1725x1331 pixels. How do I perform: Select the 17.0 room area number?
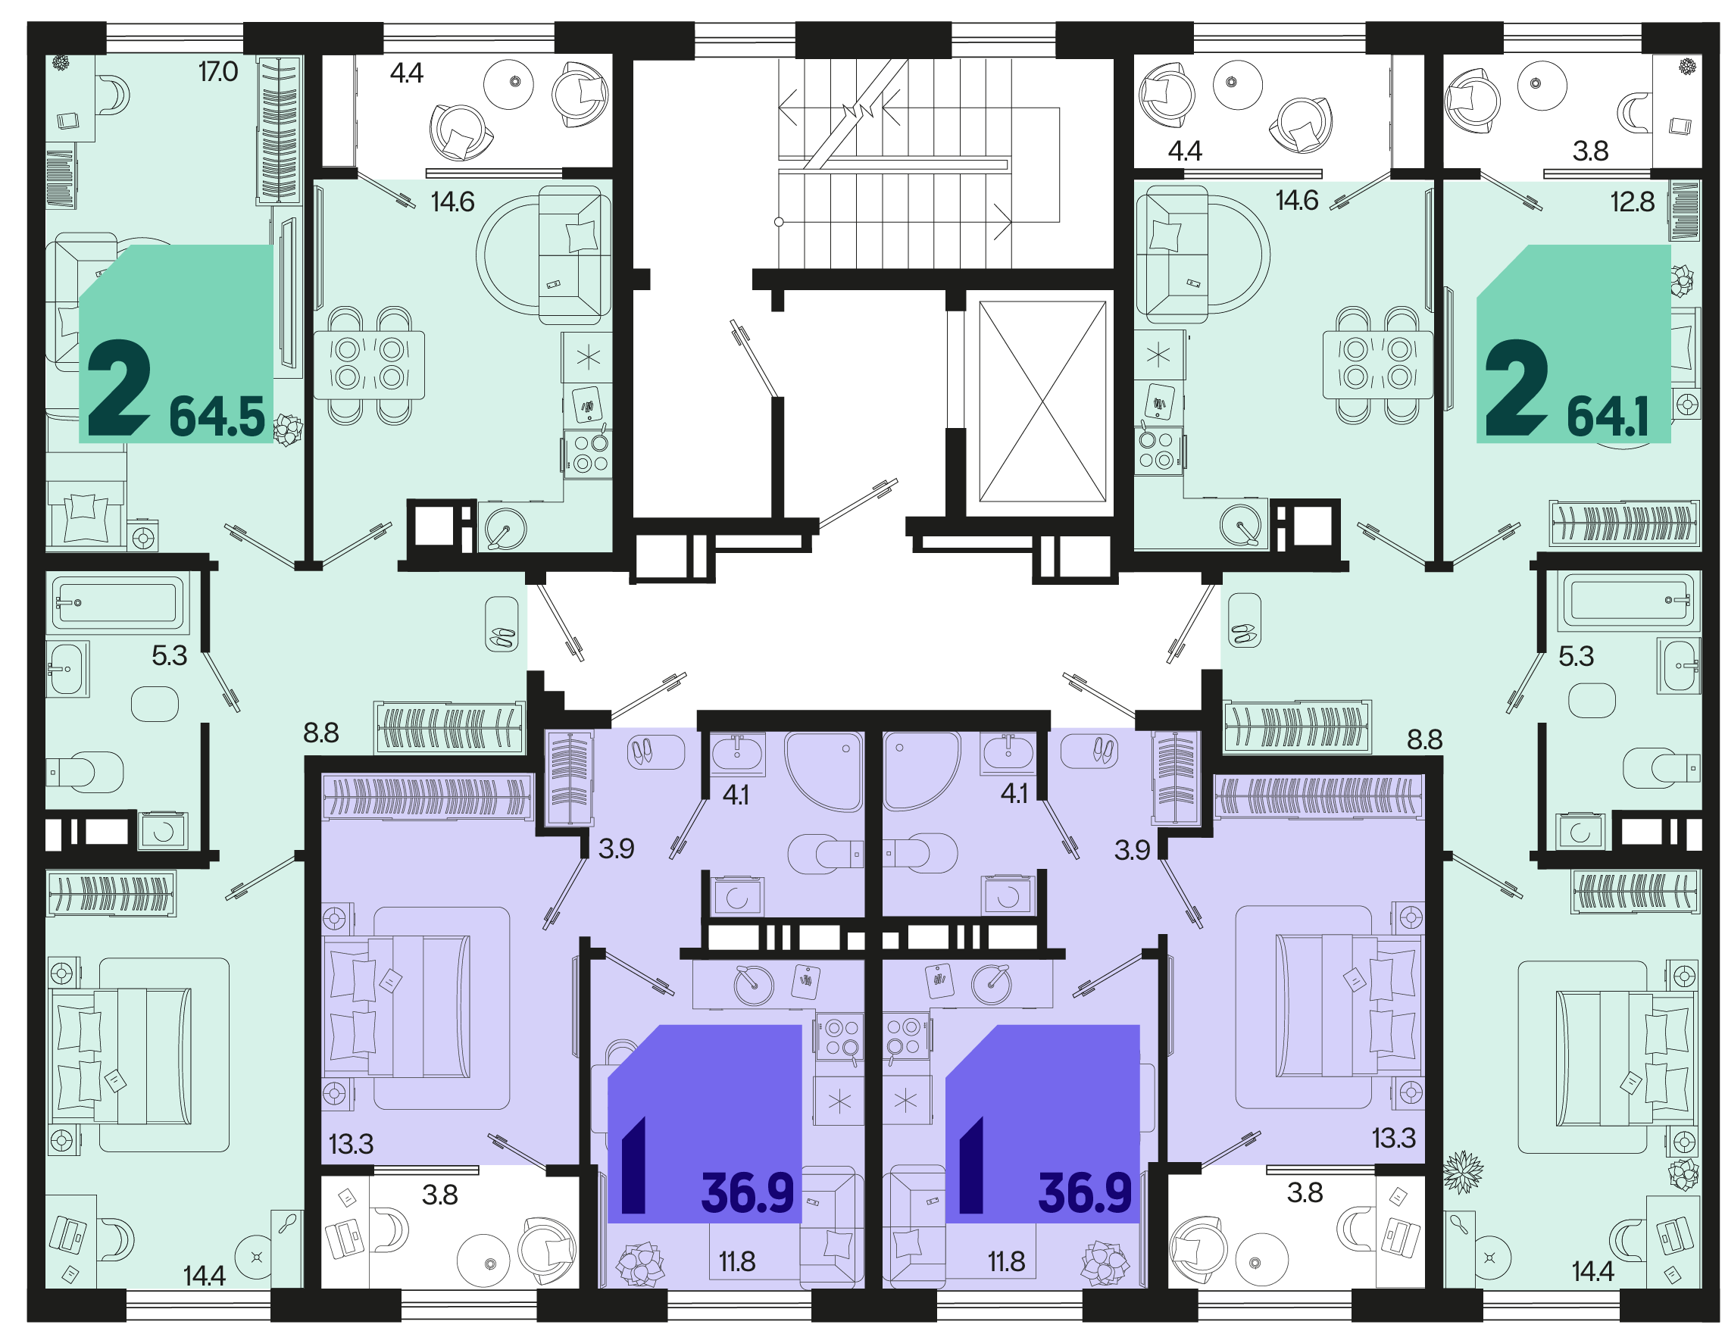[x=218, y=72]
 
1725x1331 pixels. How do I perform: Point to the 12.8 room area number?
[x=1633, y=202]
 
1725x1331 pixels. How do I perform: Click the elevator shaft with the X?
[x=1042, y=401]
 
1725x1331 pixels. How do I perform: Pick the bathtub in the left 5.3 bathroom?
[x=117, y=603]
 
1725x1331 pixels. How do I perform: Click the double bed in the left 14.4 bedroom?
[x=121, y=1055]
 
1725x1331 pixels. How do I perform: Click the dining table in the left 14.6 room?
[x=369, y=366]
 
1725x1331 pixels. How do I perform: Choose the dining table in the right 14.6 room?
[x=1378, y=366]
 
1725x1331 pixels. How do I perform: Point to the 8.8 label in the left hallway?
[x=321, y=733]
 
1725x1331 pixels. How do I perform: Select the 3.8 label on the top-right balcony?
[x=1590, y=151]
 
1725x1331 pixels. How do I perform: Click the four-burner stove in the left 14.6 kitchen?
[x=586, y=452]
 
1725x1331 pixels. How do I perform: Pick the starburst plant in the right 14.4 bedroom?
[x=1463, y=1173]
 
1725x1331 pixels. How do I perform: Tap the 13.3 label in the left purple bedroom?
[x=352, y=1144]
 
